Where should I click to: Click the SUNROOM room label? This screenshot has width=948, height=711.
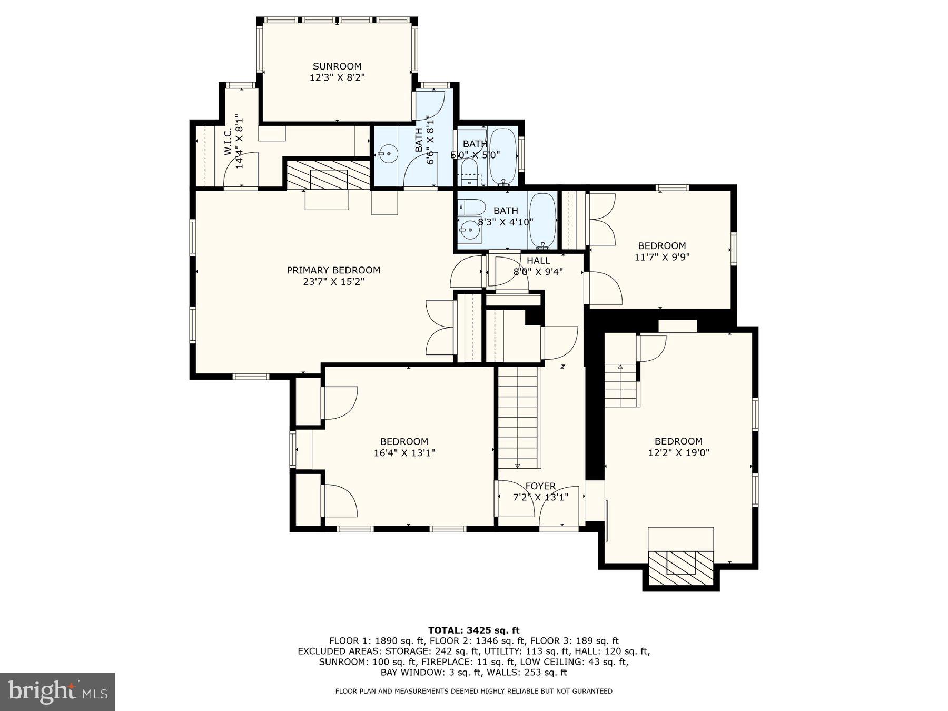click(337, 66)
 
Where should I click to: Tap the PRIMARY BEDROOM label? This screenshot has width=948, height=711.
click(333, 270)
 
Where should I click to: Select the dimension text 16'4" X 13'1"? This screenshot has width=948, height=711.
click(404, 453)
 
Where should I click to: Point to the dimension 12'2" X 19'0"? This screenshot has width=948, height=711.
click(679, 453)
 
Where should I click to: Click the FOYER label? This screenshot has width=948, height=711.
click(540, 486)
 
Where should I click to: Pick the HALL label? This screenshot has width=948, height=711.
click(538, 261)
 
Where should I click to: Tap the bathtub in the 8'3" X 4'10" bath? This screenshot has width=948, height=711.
click(542, 221)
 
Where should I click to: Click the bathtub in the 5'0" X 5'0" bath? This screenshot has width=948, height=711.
click(503, 156)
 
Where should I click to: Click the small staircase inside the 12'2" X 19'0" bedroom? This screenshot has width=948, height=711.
click(621, 386)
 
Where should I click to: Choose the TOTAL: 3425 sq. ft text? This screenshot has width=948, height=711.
click(474, 630)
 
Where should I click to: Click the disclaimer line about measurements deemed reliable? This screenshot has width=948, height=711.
click(474, 691)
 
